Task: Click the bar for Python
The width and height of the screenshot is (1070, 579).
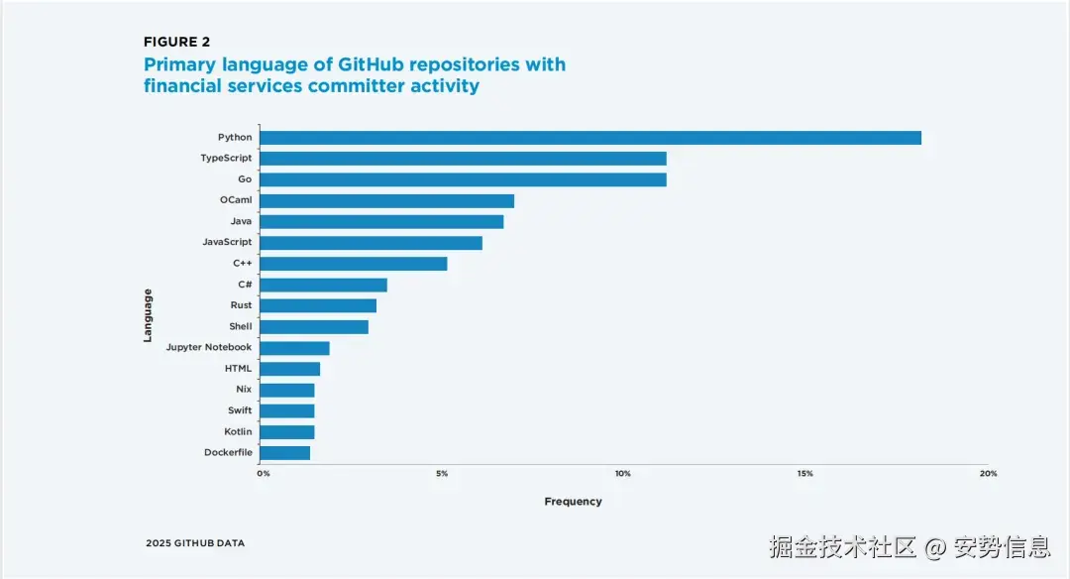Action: tap(590, 138)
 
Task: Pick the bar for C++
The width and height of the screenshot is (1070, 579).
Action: tap(354, 264)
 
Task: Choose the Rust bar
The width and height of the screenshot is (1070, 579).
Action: tap(318, 305)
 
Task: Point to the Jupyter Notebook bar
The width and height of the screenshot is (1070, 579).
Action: tap(294, 348)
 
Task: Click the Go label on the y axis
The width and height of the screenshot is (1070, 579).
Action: tap(245, 179)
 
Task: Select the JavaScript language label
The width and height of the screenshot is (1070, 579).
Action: tap(227, 242)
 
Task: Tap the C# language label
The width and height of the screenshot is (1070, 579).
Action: tap(245, 285)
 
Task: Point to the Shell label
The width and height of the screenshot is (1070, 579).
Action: tap(241, 326)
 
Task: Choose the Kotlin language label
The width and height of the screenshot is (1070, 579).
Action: tap(238, 432)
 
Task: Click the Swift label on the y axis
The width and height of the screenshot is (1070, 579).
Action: tap(240, 410)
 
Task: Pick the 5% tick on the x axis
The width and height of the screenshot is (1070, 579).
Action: tap(442, 474)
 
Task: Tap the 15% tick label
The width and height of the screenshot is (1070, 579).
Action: tap(804, 474)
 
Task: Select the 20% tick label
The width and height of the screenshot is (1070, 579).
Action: tap(988, 474)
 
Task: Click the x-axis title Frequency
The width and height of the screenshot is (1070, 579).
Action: tap(573, 502)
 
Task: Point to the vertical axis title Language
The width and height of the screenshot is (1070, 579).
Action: tap(148, 315)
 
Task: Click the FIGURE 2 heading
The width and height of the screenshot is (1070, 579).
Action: tap(177, 42)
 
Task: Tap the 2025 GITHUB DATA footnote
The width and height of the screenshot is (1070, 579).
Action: tap(195, 543)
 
